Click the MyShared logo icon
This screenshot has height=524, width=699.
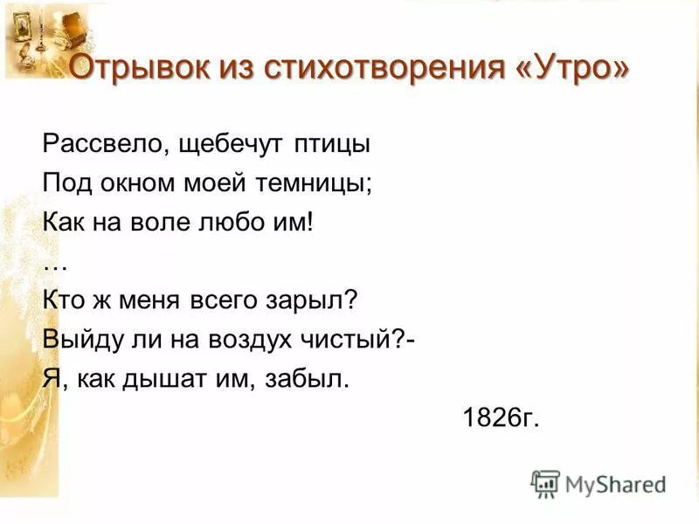click(x=544, y=484)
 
